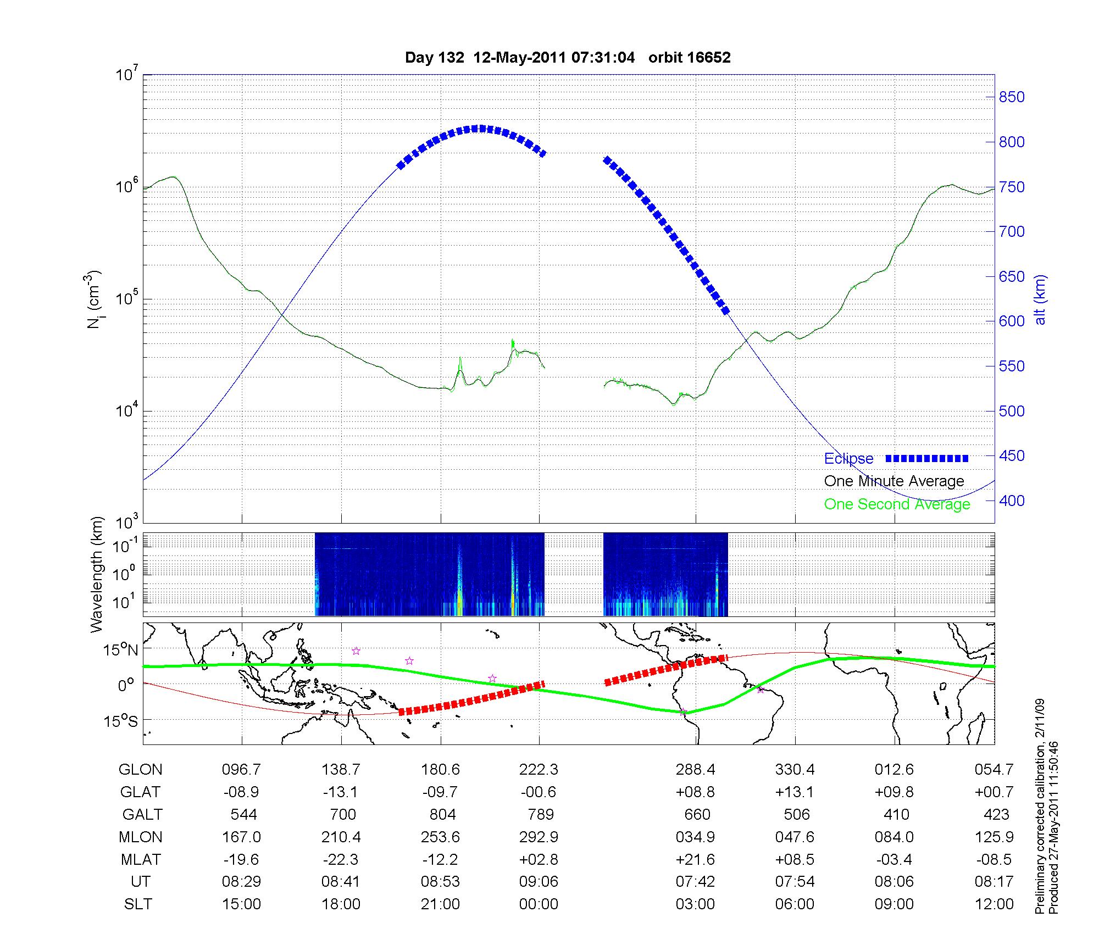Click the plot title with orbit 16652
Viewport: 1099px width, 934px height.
click(568, 58)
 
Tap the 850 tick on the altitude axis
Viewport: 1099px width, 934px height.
click(1012, 97)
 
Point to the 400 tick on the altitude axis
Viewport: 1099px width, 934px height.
click(1012, 501)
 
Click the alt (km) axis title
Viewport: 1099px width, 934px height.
click(1040, 299)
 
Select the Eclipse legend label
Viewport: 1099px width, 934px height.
click(848, 459)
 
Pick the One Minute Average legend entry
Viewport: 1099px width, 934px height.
click(894, 481)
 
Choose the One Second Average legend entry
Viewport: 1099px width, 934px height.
click(897, 504)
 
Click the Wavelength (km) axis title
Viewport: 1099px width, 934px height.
click(97, 574)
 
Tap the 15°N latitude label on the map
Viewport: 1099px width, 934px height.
click(120, 650)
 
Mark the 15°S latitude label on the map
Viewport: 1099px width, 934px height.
click(120, 720)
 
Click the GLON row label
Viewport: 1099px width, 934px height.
click(140, 769)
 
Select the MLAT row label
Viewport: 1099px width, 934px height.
click(141, 859)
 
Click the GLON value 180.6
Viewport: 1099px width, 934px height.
click(440, 769)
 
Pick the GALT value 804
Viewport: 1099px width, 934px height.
click(442, 814)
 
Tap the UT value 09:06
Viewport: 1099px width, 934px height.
click(539, 882)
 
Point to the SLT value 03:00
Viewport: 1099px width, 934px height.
click(695, 904)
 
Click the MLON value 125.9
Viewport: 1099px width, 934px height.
click(994, 837)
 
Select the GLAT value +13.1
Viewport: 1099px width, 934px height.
click(795, 792)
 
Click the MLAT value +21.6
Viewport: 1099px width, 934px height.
click(695, 859)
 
